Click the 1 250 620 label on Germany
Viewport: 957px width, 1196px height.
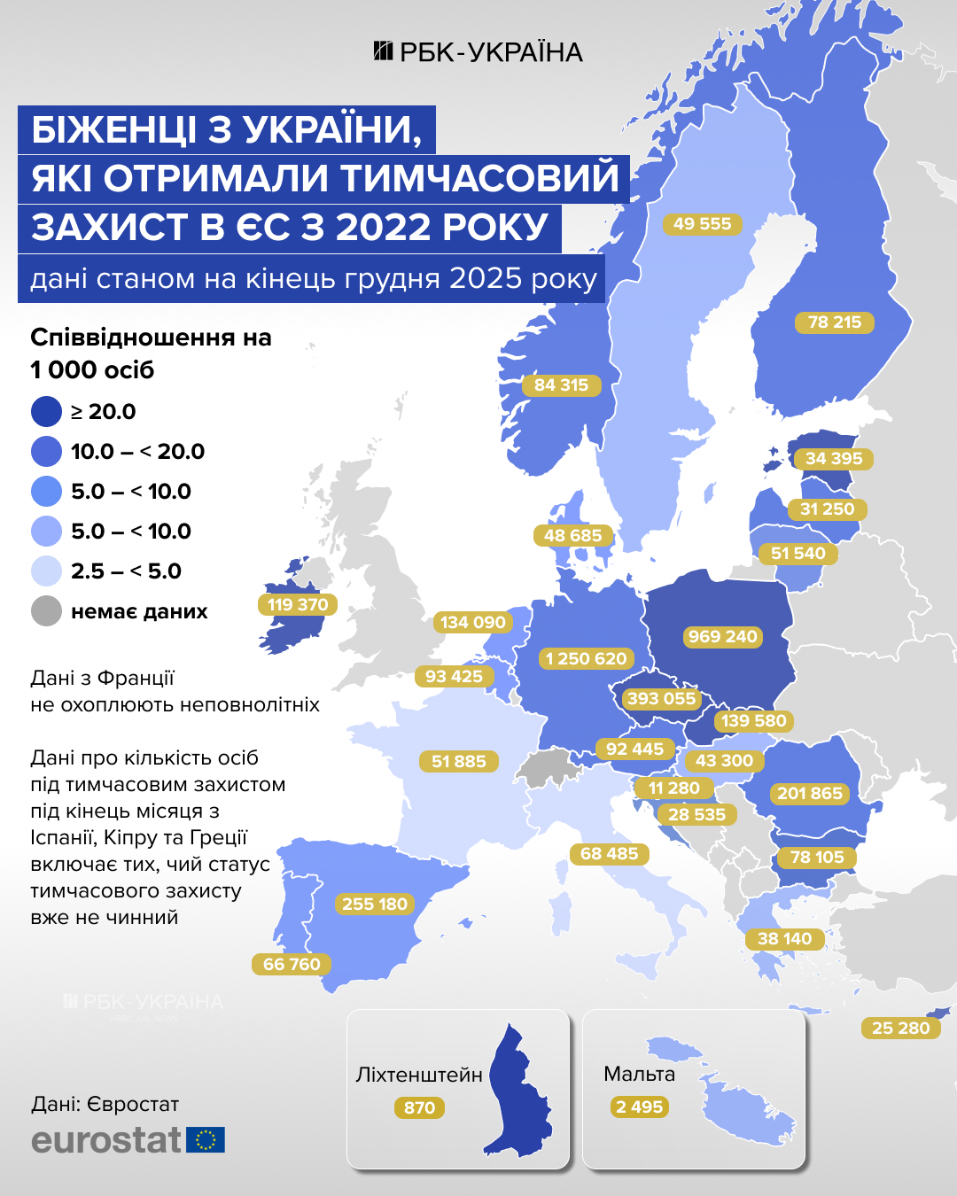click(x=586, y=658)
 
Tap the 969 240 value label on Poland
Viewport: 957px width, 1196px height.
click(x=722, y=637)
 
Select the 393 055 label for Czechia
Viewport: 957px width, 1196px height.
click(x=661, y=698)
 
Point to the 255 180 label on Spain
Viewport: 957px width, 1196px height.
click(x=374, y=904)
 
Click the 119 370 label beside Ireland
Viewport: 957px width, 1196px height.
click(x=298, y=604)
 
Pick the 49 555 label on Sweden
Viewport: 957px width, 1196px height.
click(x=702, y=224)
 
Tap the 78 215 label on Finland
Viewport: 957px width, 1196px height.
click(x=834, y=322)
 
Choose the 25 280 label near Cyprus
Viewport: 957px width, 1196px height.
click(x=900, y=1028)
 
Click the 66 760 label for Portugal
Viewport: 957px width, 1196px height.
click(x=292, y=964)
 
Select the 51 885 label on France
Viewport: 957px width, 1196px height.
click(x=458, y=761)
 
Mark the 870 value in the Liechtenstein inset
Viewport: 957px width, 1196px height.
click(x=419, y=1107)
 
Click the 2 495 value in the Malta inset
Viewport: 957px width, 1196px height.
click(x=639, y=1107)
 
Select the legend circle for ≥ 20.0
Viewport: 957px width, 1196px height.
click(x=46, y=412)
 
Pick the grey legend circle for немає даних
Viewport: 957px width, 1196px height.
click(x=46, y=611)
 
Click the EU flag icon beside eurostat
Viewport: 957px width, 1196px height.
click(x=206, y=1139)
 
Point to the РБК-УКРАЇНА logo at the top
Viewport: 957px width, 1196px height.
click(x=478, y=52)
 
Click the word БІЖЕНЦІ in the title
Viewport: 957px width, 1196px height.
click(x=114, y=130)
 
